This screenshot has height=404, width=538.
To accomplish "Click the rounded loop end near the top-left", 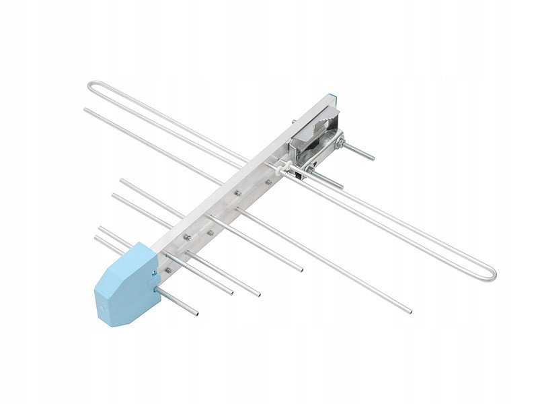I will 92,90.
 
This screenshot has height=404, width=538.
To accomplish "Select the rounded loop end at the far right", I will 491,271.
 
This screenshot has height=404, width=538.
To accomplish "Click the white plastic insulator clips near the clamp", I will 287,165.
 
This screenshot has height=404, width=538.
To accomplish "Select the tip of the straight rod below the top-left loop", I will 86,109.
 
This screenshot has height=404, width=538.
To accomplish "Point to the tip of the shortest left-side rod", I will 101,230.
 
